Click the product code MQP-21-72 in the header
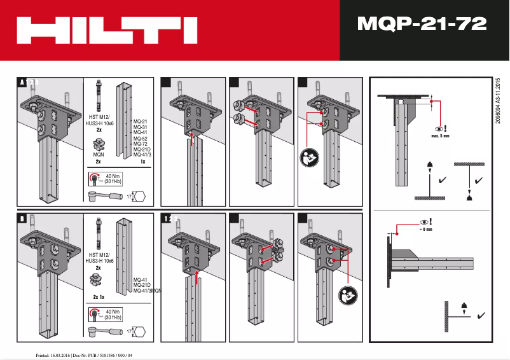click(422, 24)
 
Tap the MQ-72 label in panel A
click(140, 144)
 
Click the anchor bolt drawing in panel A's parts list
click(99, 95)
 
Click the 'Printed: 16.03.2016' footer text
click(83, 354)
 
